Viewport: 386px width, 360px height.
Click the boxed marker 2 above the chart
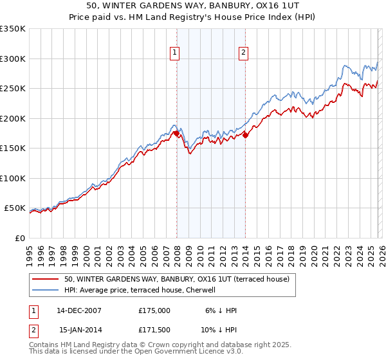(244, 53)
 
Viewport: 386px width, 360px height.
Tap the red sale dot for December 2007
(176, 134)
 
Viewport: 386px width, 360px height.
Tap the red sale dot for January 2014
(245, 135)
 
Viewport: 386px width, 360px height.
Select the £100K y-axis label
(13, 178)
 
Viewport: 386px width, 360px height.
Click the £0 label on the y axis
(19, 238)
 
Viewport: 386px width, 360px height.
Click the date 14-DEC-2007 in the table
(79, 310)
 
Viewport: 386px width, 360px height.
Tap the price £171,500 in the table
(154, 330)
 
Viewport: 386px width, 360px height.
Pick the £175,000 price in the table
(154, 310)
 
